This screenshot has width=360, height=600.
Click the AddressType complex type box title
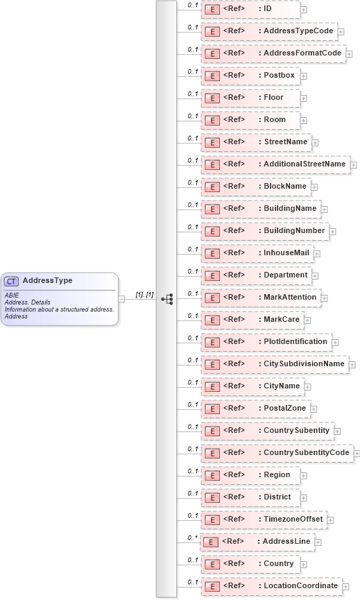47,280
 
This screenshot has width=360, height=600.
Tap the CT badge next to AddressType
11,281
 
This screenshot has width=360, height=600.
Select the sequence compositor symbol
166,298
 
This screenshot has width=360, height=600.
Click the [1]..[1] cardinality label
144,295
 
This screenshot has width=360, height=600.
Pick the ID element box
250,9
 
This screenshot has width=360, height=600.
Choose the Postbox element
250,76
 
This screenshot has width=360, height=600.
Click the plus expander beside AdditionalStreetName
354,165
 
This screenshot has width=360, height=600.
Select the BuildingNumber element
264,231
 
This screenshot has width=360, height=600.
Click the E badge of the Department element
211,275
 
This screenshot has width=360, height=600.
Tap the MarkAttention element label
290,298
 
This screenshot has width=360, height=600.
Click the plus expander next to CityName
308,387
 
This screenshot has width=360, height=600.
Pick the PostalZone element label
285,409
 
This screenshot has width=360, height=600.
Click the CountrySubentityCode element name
306,453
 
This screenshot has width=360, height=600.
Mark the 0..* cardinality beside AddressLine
192,537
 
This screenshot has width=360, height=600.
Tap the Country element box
250,564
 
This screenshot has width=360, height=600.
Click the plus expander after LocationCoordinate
345,587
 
